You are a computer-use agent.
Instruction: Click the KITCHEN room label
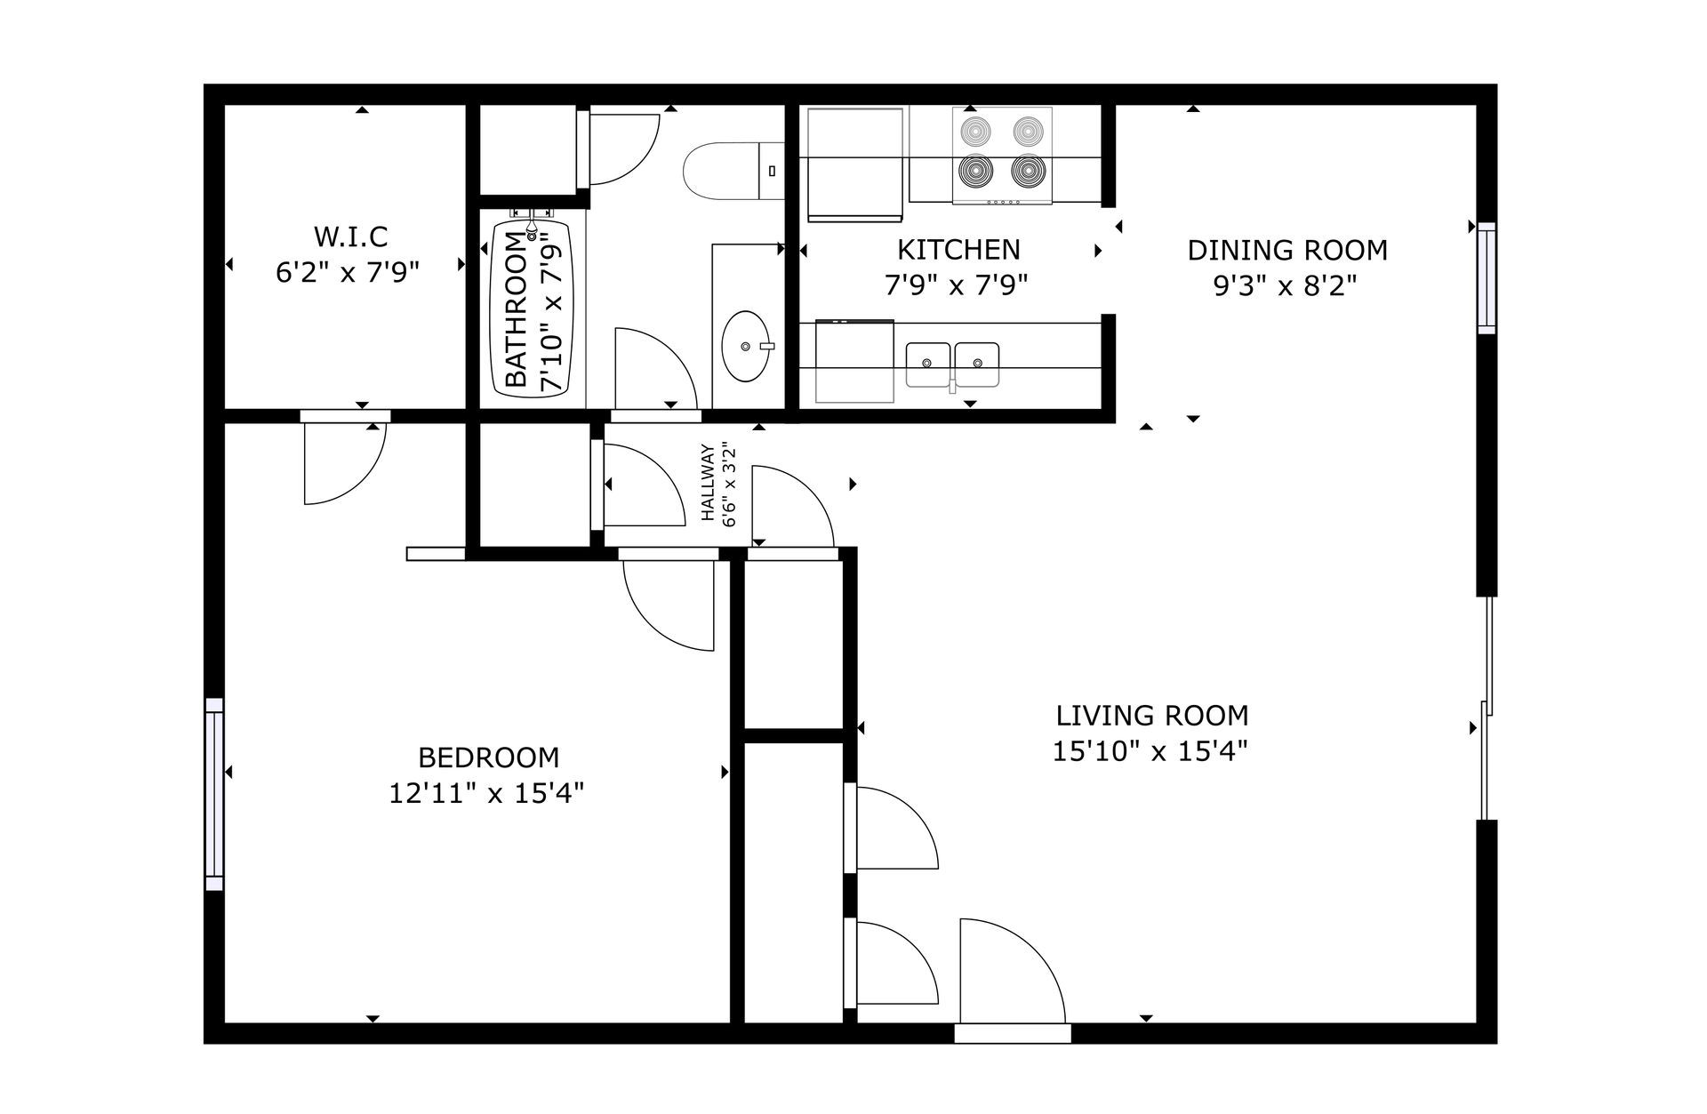coord(958,250)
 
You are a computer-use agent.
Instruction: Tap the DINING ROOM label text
coord(1287,251)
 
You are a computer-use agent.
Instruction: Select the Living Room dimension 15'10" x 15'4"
coord(1150,751)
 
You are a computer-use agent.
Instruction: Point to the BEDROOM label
coord(489,757)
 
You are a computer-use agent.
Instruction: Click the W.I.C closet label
coord(350,237)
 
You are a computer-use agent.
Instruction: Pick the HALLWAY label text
coord(709,482)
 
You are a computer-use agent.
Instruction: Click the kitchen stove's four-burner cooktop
coord(1002,156)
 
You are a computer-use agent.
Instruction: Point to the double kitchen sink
coord(952,365)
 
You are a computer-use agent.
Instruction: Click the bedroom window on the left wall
coord(214,794)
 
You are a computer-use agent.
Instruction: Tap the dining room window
coord(1487,278)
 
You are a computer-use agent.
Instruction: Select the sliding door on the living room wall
coord(1486,709)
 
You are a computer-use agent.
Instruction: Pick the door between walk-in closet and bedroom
coord(345,458)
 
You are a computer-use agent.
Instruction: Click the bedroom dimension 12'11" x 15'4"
coord(486,793)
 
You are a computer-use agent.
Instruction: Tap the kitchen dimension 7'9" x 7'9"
coord(957,285)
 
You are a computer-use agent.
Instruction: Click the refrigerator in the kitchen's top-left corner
coord(854,164)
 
